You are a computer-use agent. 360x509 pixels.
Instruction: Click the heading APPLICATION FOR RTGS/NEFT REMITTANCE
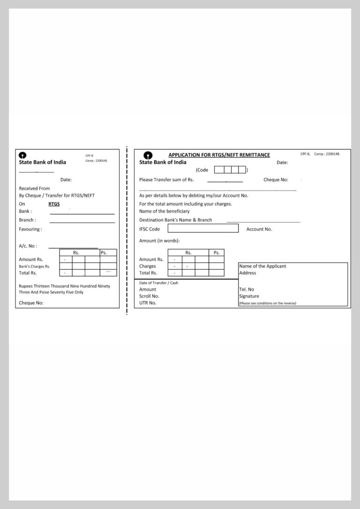pos(219,155)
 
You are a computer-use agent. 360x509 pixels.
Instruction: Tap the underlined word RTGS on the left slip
pos(54,204)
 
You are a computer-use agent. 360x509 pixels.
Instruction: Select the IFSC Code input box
pos(203,229)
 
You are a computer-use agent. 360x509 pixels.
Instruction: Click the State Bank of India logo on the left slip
pos(22,155)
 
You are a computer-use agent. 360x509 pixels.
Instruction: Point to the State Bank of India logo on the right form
pos(148,156)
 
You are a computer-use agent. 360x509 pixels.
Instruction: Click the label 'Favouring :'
pos(30,229)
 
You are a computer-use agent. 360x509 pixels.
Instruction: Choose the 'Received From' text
pos(34,188)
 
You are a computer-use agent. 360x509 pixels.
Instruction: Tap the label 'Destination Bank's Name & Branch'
pos(175,220)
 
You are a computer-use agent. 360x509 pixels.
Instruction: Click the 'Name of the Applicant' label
pos(262,266)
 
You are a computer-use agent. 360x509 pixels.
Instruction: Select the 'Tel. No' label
pos(247,290)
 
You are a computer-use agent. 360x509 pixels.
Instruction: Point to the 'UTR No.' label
pos(148,303)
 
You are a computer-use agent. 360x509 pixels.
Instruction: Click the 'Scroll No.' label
pos(149,296)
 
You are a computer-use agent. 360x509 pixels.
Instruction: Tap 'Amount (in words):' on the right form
pos(159,240)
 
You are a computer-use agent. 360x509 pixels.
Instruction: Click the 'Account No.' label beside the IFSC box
pos(259,229)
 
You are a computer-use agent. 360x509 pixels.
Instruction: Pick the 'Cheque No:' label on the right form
pos(276,180)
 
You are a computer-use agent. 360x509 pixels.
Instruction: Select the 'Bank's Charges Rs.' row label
pos(34,266)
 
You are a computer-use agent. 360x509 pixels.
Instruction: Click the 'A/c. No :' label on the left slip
pos(28,246)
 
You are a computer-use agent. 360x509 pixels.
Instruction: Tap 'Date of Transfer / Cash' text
pos(158,283)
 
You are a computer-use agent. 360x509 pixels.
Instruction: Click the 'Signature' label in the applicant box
pos(249,296)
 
